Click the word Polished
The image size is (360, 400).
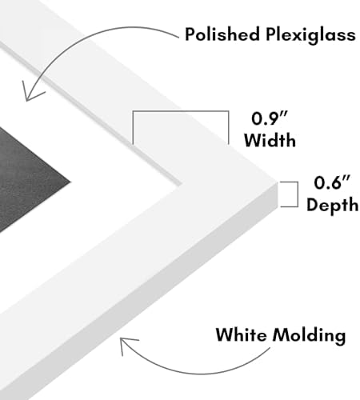[222, 34]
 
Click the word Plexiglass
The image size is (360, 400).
[310, 35]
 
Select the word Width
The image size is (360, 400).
[270, 140]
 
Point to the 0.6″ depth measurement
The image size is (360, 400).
[332, 182]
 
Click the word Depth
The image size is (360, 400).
[332, 205]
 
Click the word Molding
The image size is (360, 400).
[310, 336]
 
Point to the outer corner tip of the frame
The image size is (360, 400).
[278, 183]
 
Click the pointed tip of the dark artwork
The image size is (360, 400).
[70, 182]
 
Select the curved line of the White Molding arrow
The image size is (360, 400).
[192, 373]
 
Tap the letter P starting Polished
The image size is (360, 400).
[190, 34]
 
